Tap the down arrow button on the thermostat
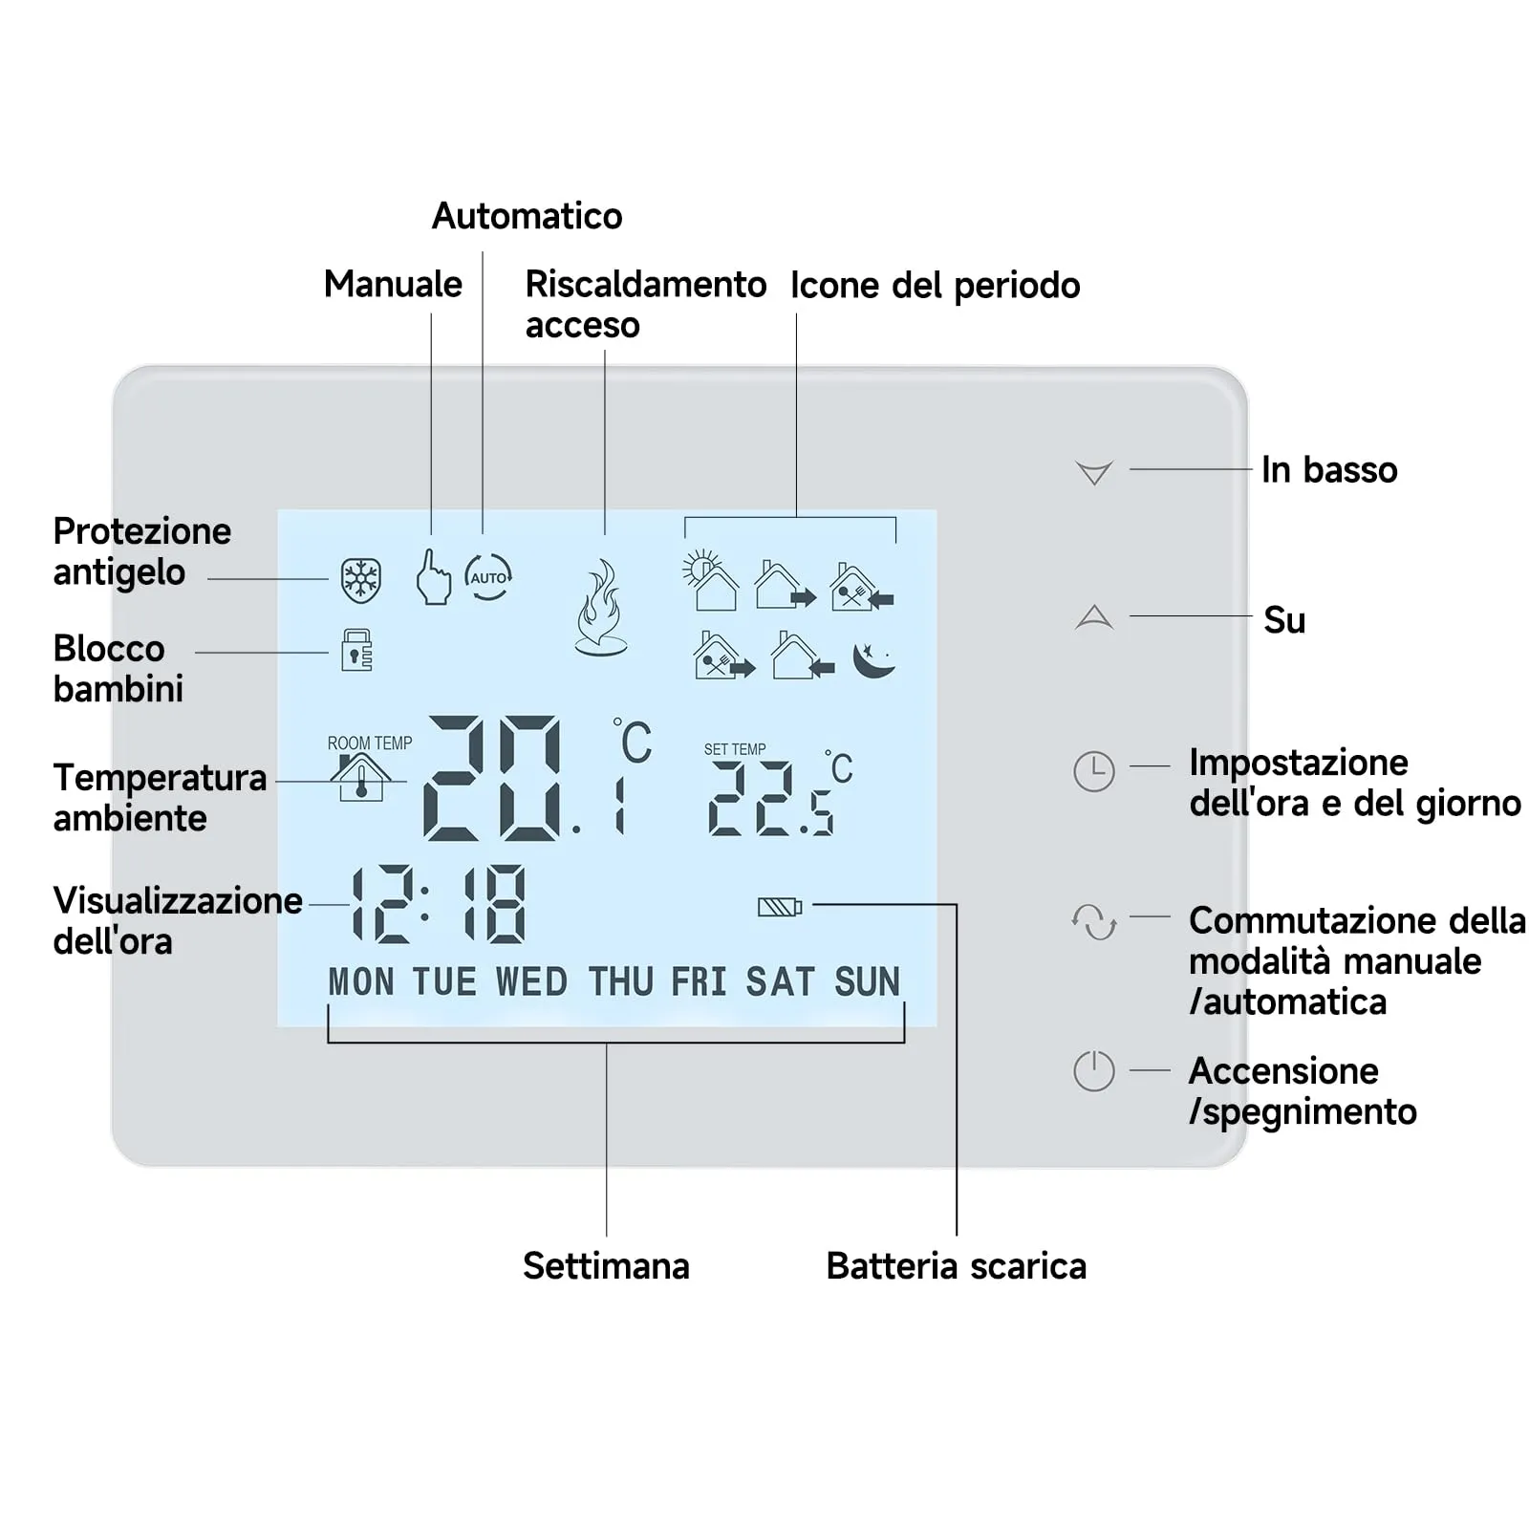[1094, 472]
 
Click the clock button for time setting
[1094, 771]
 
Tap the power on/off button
[1094, 1070]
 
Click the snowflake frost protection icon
[361, 579]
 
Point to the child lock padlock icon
[356, 650]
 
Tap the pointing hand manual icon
[433, 576]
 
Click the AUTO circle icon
[488, 577]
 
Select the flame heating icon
[601, 608]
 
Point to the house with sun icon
[710, 581]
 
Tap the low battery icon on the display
[780, 906]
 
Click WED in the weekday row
[531, 981]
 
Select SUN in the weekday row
[867, 981]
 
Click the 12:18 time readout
[439, 904]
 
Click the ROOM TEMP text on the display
[370, 743]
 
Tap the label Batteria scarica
[956, 1266]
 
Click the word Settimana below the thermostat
[606, 1266]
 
